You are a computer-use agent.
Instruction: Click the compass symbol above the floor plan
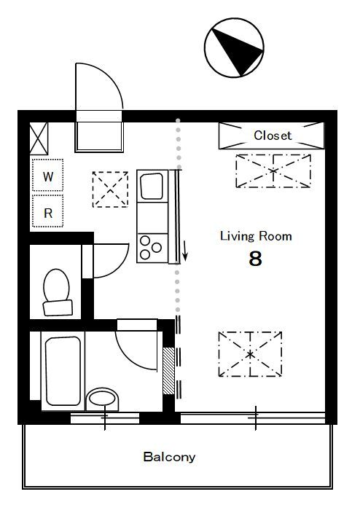234,48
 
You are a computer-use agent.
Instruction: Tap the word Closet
273,136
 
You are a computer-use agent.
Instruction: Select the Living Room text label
256,236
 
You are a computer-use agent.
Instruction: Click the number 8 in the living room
255,259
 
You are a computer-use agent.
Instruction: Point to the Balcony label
169,457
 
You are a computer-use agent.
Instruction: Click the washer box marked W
48,175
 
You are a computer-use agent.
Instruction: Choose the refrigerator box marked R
48,211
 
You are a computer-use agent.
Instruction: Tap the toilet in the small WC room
58,292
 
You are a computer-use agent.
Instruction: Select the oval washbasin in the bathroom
103,399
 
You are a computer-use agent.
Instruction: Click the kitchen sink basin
152,186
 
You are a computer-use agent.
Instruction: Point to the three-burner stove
152,248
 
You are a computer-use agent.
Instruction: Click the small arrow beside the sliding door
185,251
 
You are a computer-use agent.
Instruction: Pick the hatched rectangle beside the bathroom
169,371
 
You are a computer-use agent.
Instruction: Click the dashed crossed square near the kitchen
110,189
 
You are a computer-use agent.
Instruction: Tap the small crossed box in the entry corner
39,138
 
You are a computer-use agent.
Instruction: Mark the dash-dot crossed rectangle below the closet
273,171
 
